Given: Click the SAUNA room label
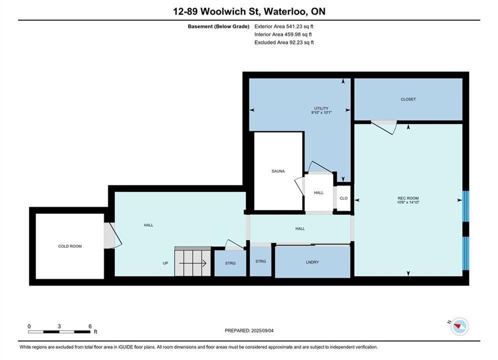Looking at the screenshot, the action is click(x=278, y=171).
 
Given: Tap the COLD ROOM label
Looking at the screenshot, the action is click(x=70, y=246).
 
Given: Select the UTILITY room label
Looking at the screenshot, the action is click(x=321, y=108).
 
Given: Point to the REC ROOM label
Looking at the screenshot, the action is click(x=408, y=198).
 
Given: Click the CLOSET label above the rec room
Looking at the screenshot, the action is click(x=408, y=99).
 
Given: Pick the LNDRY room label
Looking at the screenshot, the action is click(x=312, y=262).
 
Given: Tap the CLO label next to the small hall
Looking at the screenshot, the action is click(x=344, y=198).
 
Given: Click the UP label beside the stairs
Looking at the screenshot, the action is click(x=166, y=263).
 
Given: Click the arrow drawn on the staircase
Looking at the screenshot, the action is click(x=193, y=263).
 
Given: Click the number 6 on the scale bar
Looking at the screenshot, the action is click(x=90, y=326).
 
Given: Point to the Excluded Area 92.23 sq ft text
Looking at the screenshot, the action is click(x=284, y=42).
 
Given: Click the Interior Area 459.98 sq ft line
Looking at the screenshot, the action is click(x=283, y=34).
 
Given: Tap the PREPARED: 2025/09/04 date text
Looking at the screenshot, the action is click(x=249, y=330).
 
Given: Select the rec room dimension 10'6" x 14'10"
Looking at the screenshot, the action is click(x=408, y=202).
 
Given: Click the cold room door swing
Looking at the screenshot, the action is click(x=113, y=235).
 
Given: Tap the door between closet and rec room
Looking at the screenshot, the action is click(x=384, y=127).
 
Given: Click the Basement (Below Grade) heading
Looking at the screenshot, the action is click(x=219, y=26).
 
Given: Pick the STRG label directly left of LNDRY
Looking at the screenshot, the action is click(x=260, y=261).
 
